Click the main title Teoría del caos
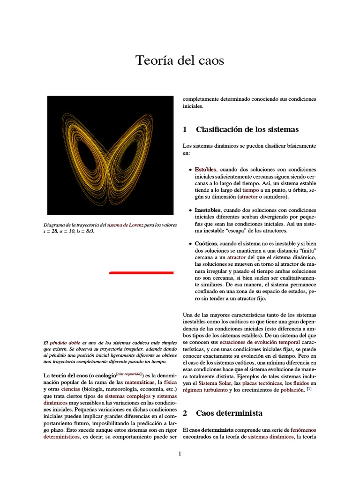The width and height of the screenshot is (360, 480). pos(180,60)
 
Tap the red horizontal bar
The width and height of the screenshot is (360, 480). pos(141,272)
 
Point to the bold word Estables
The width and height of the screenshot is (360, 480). pos(205,169)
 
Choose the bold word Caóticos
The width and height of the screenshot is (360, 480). pos(206,244)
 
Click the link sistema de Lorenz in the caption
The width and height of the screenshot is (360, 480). pos(125,225)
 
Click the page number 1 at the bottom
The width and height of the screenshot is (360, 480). pos(180,453)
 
